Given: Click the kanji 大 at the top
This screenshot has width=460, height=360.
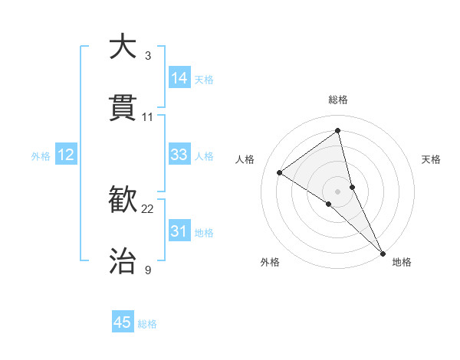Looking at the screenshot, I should [123, 47].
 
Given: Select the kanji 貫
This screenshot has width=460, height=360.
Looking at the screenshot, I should [123, 108].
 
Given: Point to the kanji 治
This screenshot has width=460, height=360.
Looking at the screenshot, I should [123, 261].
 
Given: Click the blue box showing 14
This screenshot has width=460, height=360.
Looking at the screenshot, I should [179, 78].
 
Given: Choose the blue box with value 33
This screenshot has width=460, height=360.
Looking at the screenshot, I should [179, 155].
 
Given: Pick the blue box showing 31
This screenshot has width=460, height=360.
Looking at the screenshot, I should [179, 231].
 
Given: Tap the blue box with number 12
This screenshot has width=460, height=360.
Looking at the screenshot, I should [66, 155].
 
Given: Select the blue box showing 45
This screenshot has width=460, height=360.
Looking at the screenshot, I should [123, 322].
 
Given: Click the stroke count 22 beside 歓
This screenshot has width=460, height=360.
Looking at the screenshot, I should [148, 208].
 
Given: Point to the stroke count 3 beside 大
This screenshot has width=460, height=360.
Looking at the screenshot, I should [148, 55].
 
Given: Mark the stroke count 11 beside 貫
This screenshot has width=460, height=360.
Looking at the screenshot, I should [148, 116].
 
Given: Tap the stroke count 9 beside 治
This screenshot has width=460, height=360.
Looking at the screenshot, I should [148, 270].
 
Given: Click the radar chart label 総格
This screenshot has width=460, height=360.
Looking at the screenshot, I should [338, 100].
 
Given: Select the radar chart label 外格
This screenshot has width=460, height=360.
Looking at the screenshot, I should [270, 262].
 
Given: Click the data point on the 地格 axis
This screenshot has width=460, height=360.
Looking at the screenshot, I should [383, 252].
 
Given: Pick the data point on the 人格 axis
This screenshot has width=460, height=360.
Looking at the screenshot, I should [280, 172].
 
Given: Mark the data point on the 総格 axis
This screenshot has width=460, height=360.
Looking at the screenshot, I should [338, 130].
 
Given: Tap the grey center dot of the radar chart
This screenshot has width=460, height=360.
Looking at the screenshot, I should [338, 190].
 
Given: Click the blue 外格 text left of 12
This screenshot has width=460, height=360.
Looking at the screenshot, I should [41, 155].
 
